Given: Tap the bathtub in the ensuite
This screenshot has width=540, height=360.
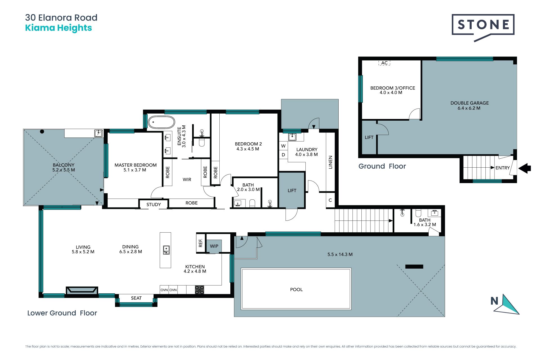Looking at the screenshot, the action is (161, 122).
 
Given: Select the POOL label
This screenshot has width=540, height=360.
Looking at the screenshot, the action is (296, 289).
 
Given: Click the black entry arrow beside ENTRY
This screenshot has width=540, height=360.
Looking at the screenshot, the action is (525, 168).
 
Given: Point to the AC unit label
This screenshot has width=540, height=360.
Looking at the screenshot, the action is (384, 63).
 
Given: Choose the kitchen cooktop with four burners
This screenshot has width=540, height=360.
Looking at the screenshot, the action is (199, 290).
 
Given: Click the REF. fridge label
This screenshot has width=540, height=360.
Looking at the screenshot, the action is (201, 243).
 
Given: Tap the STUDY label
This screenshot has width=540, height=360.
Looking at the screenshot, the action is (154, 204).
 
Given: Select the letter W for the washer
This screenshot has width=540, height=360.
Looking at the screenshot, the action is (283, 146).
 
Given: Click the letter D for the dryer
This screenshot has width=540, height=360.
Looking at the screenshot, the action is (283, 155).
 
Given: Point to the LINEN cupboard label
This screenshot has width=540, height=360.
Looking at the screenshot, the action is (330, 162).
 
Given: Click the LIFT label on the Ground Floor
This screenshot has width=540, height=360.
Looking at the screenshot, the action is (369, 138).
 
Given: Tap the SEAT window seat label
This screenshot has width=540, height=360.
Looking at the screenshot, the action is (136, 298).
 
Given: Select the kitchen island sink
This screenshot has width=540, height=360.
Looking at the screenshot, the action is (166, 250).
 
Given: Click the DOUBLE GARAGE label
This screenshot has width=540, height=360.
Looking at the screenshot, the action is (469, 103).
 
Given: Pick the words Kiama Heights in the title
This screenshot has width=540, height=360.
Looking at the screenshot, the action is (58, 28).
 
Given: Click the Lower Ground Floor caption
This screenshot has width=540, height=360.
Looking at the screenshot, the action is (62, 313).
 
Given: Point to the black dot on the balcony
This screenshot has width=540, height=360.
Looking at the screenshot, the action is (42, 131).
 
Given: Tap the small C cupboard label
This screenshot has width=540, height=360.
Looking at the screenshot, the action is (330, 200).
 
